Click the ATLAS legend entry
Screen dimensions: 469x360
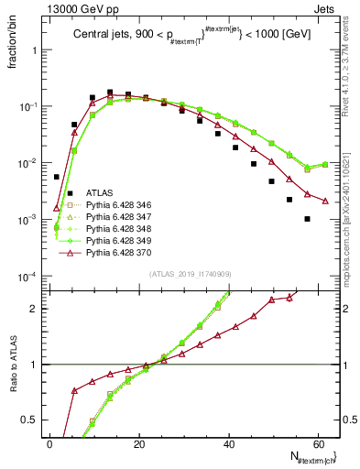pos(100,193)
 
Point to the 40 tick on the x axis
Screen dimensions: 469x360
pos(227,443)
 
